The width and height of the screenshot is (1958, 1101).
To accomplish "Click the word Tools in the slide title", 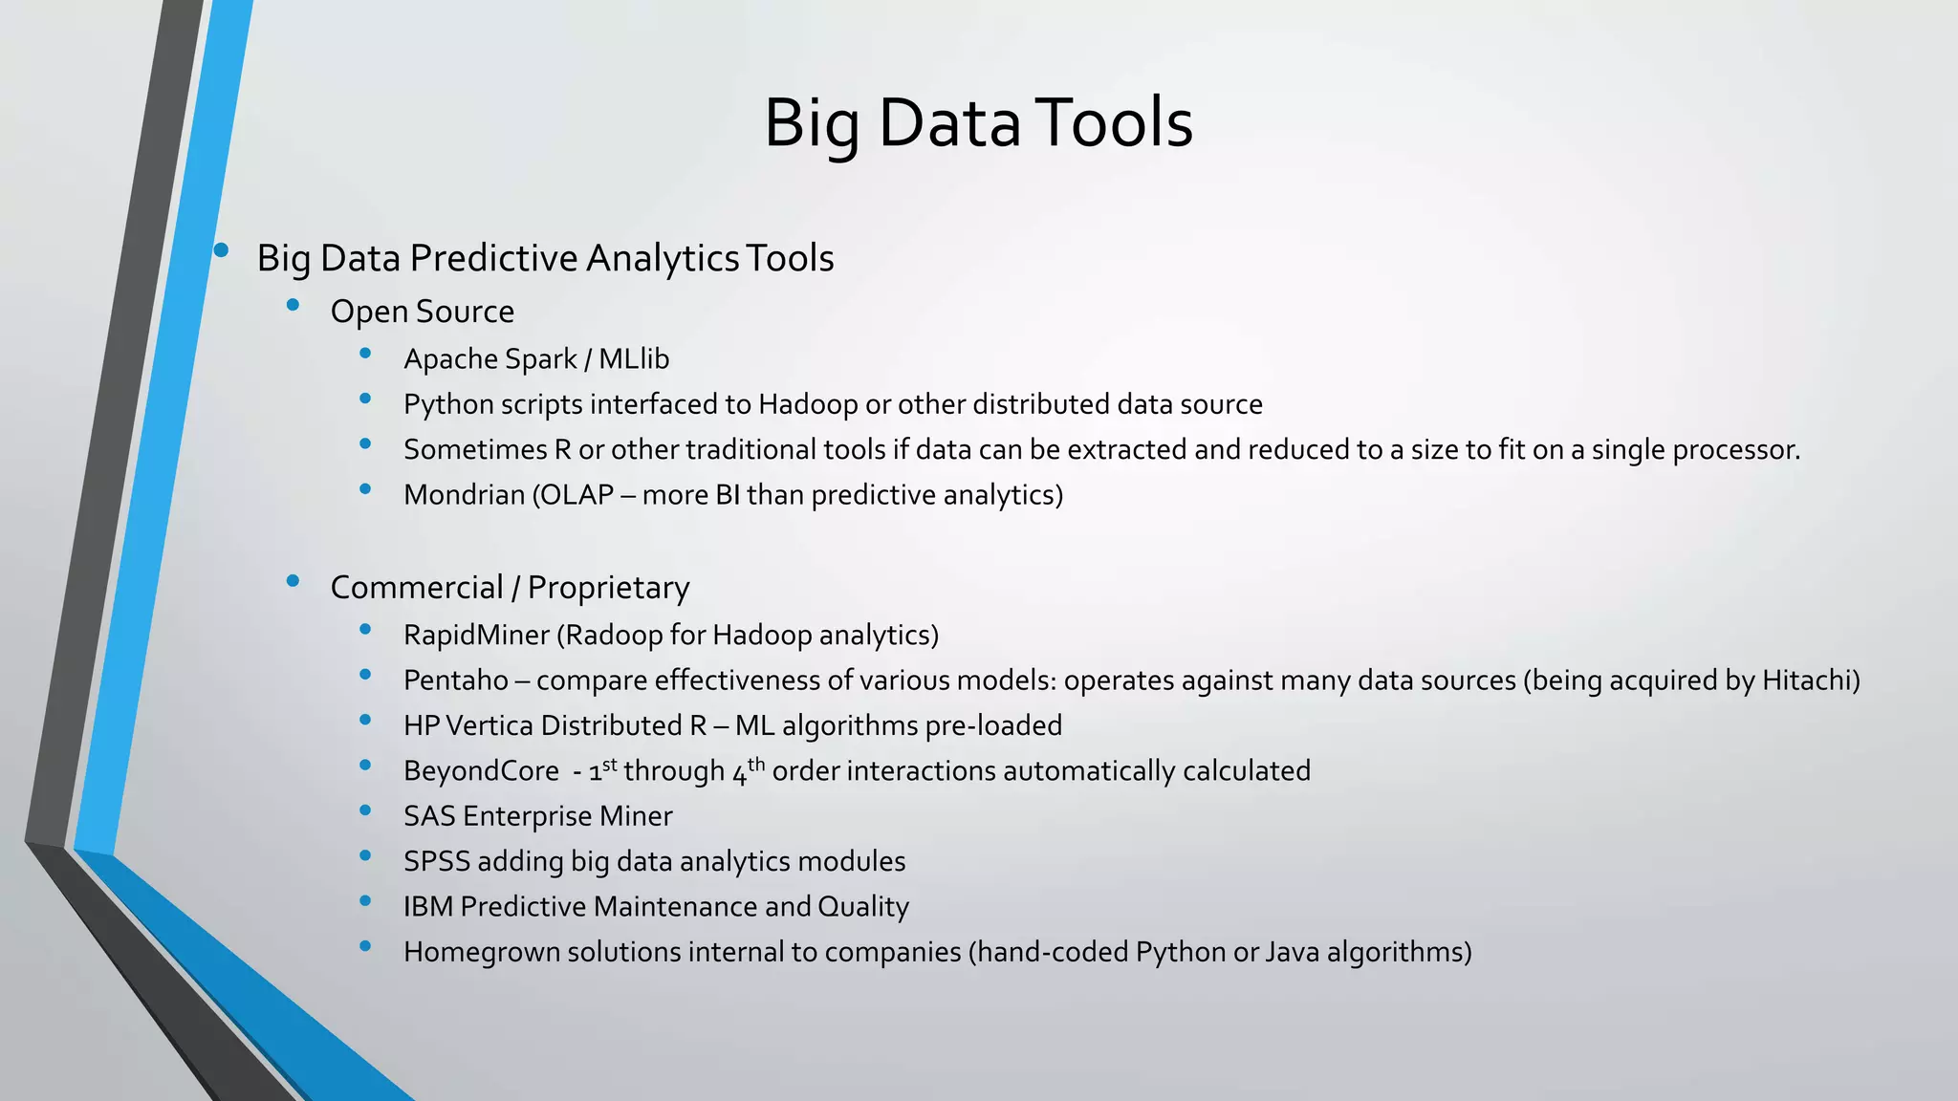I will point(1114,123).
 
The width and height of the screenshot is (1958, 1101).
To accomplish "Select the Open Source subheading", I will point(422,312).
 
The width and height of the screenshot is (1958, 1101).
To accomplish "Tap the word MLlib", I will point(634,359).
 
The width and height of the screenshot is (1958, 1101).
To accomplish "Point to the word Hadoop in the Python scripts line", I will point(808,404).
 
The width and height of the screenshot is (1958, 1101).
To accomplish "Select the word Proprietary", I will point(608,588).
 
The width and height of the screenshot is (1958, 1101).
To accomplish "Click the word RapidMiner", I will point(476,636).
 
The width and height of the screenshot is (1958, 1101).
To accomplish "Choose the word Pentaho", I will point(456,680).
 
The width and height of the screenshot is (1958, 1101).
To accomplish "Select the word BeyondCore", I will point(481,771).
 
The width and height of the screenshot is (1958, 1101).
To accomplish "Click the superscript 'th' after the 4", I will point(756,764).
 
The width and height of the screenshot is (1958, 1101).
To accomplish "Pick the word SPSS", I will point(437,862).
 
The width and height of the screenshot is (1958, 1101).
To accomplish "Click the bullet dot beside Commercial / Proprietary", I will point(293,580).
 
